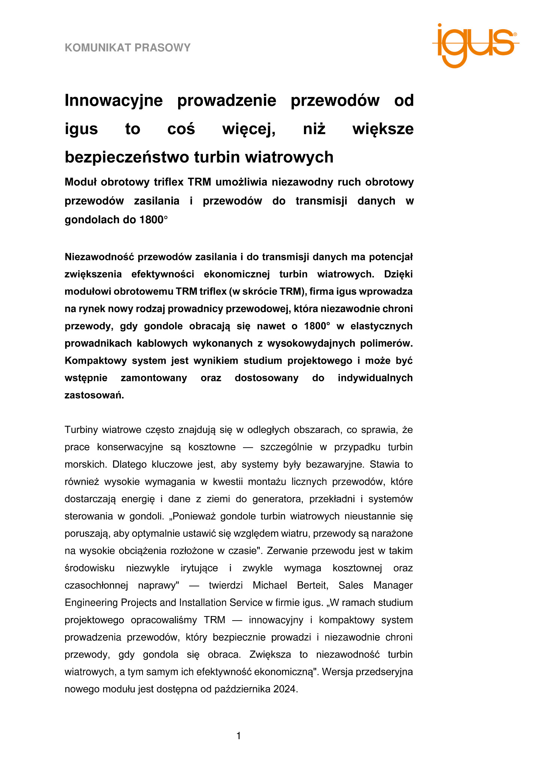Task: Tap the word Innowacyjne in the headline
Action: [x=114, y=100]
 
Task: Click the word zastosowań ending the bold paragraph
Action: [x=94, y=395]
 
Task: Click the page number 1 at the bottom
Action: [x=239, y=736]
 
